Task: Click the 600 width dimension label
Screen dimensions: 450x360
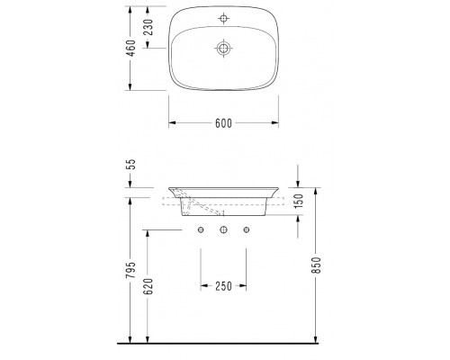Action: pos(223,123)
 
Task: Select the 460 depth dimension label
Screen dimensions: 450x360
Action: pos(131,48)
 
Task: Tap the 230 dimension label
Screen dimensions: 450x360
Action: pos(148,27)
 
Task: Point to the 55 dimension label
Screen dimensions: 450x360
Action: pos(131,165)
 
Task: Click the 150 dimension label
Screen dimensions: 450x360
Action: pos(299,201)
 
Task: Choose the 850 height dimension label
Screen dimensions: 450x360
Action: pos(316,265)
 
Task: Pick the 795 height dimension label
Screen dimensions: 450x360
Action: pos(131,270)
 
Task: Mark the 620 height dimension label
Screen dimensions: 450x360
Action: pos(148,286)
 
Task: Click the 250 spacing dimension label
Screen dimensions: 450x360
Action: pos(223,286)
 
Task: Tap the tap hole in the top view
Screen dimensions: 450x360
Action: pos(223,18)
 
